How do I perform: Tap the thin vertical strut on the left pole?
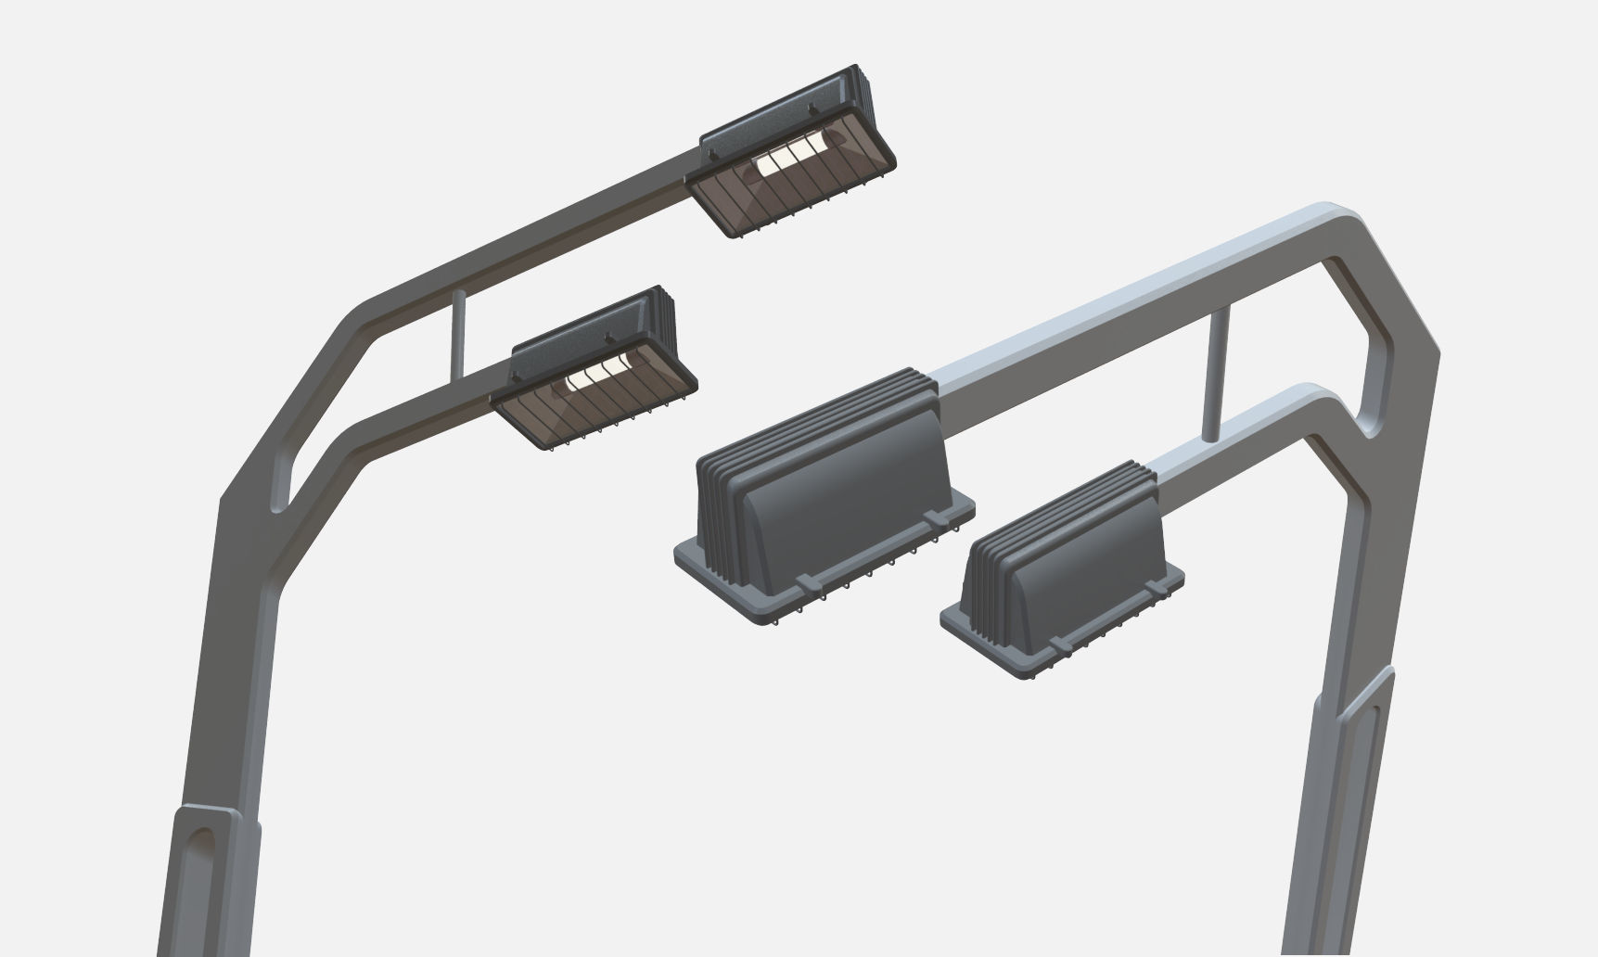[457, 334]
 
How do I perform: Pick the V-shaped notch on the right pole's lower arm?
[1371, 428]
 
